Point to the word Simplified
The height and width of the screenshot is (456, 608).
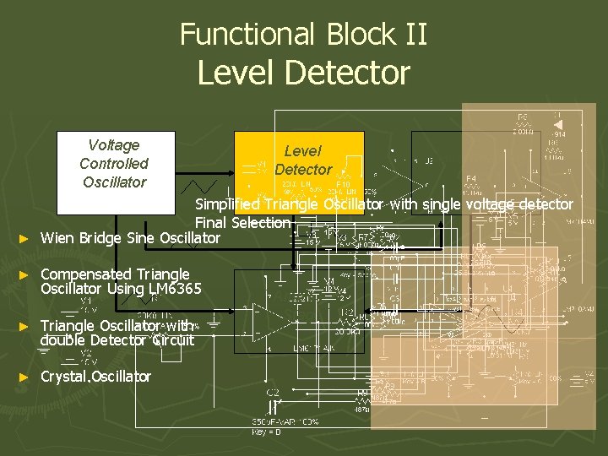pos(227,204)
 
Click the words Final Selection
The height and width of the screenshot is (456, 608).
pos(242,223)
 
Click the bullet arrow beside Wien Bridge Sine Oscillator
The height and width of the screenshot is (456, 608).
pos(24,239)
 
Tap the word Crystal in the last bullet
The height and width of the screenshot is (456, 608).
pos(65,377)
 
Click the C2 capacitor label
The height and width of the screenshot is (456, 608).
pos(273,393)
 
